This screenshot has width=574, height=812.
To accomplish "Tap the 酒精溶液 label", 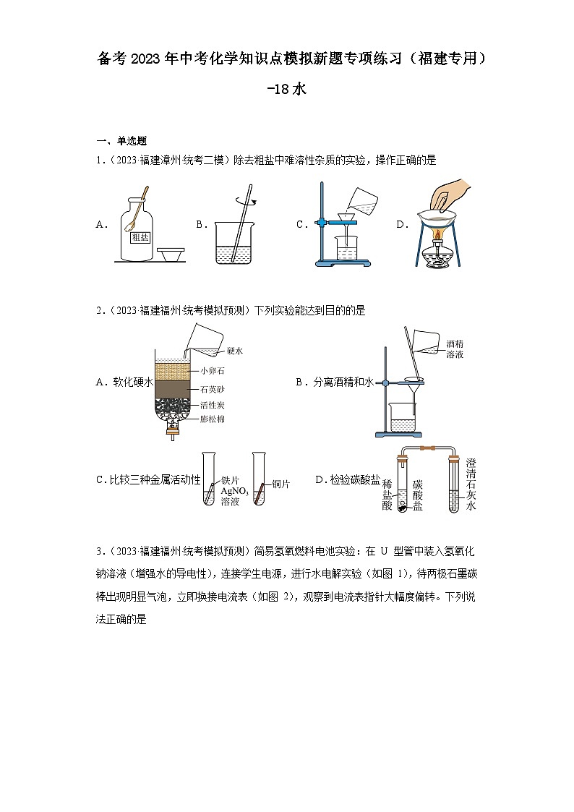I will click(455, 349).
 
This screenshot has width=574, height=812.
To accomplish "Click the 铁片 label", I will click(230, 479).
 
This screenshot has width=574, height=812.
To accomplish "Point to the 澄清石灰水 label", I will click(471, 484).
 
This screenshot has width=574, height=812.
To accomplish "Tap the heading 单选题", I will click(132, 141).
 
